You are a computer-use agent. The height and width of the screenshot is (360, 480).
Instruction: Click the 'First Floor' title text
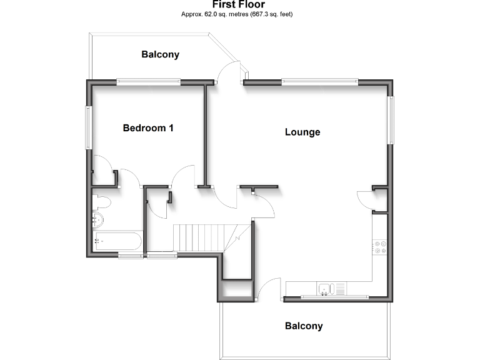pos(239,4)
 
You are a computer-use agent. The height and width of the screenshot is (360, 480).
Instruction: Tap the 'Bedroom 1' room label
pos(148,128)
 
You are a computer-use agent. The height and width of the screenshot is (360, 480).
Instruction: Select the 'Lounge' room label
pos(302,132)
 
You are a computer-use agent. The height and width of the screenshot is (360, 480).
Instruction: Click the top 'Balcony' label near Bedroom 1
pos(160,54)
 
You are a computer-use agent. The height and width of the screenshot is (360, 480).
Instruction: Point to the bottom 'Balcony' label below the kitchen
pos(304,326)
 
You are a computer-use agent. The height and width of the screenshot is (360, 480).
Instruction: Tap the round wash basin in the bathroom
pos(98,219)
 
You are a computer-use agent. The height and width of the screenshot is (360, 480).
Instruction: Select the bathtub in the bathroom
pos(117,241)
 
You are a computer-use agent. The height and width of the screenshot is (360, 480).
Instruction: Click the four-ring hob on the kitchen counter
pos(379,247)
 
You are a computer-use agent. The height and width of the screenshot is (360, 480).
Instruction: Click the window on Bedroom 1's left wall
pos(89,127)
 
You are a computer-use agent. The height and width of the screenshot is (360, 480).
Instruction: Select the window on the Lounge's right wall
pos(391,120)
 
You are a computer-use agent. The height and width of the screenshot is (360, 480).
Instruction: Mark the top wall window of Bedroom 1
pos(149,81)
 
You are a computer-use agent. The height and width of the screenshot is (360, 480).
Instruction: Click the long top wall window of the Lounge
pos(319,81)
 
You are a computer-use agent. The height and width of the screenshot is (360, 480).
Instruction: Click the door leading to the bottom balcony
pos(267,289)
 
